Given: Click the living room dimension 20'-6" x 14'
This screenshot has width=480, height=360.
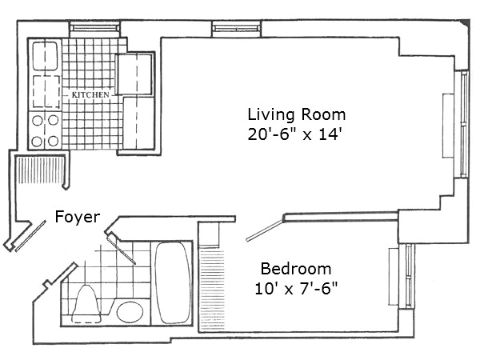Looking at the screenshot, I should pyautogui.click(x=295, y=135).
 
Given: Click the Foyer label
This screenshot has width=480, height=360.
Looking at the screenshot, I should pyautogui.click(x=77, y=216).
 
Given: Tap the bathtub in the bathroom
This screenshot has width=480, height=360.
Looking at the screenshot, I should pyautogui.click(x=170, y=283).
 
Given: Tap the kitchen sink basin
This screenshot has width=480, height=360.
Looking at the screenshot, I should pyautogui.click(x=44, y=56).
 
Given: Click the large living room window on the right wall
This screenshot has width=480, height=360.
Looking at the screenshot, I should pyautogui.click(x=462, y=124).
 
